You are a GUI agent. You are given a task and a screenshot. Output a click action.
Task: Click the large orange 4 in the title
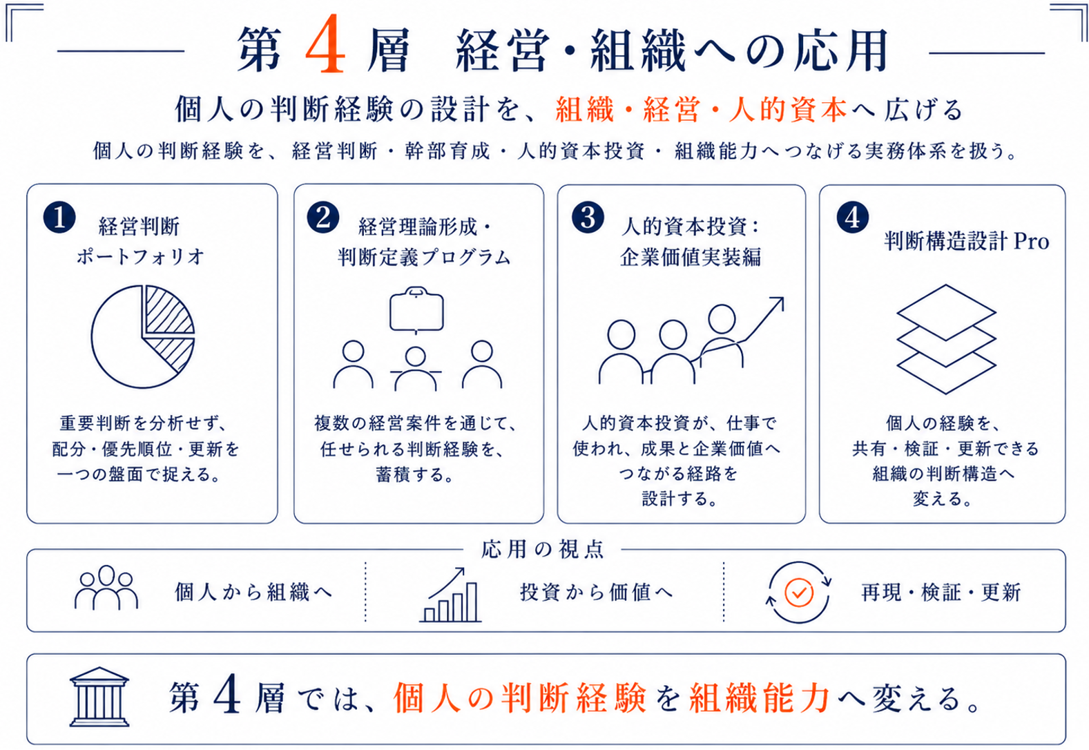(325, 44)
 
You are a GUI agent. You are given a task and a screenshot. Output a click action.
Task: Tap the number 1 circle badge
(59, 218)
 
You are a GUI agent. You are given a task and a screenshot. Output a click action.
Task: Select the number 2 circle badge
(323, 218)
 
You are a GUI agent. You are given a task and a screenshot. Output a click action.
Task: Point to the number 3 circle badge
(588, 218)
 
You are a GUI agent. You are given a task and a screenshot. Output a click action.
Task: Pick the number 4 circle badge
(853, 218)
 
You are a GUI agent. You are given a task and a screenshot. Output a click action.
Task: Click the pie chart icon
(142, 336)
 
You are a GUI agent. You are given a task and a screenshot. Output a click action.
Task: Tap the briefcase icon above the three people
(416, 309)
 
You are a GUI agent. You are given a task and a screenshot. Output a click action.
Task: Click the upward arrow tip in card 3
(783, 298)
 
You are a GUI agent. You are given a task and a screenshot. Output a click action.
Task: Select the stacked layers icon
(946, 339)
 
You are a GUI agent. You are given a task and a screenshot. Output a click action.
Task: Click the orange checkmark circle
(799, 592)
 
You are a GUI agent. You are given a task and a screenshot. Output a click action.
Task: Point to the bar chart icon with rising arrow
(451, 595)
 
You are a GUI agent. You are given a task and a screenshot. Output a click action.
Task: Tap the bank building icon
(99, 697)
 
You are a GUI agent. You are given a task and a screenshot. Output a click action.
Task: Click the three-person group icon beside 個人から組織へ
(106, 588)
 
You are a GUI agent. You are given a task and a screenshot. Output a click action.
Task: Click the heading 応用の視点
(543, 549)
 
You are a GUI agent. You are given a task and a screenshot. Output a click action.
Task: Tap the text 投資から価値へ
(597, 592)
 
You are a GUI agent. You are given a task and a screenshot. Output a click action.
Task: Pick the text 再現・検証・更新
(941, 592)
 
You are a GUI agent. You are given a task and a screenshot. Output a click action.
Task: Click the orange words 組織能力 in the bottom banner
(760, 698)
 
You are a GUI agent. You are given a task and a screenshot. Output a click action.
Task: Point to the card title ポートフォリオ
(140, 257)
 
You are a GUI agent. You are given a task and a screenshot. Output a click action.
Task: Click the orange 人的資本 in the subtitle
(788, 109)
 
